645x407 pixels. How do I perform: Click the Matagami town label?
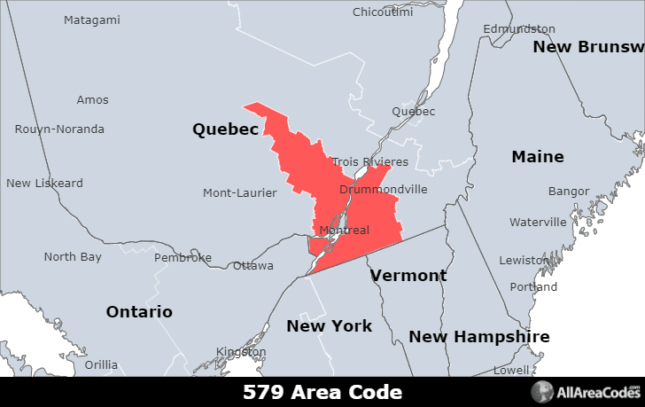[x=92, y=20]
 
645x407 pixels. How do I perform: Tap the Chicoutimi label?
[x=383, y=12]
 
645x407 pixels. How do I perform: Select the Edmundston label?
[x=519, y=29]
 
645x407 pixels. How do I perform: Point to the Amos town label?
[x=92, y=100]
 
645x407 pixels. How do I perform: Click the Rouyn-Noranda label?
[x=59, y=129]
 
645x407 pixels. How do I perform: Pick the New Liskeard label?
[x=44, y=184]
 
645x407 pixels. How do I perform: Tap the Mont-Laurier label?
[x=240, y=193]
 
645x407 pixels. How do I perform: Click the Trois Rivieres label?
[x=370, y=162]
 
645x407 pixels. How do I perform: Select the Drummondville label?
[x=384, y=190]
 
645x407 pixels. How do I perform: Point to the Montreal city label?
[x=344, y=231]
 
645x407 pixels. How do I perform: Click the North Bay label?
[x=73, y=257]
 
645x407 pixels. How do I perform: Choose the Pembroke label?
[x=183, y=258]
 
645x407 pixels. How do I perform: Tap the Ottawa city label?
[x=253, y=265]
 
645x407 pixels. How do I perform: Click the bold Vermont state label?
[x=408, y=276]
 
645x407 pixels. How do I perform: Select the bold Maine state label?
[x=538, y=157]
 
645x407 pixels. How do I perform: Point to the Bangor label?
[x=569, y=192]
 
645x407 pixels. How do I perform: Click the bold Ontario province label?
[x=139, y=312]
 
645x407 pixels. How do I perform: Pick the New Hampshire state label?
[x=479, y=337]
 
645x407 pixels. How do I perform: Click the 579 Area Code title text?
[x=322, y=392]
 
